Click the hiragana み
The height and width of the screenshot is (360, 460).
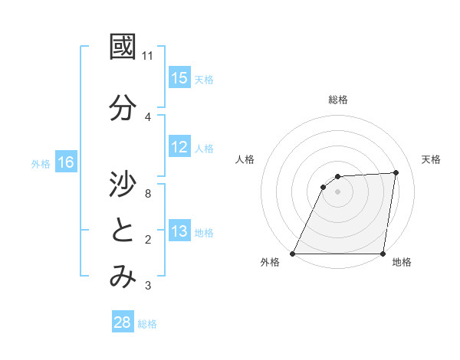(x=123, y=277)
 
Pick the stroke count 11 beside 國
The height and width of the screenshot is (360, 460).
(x=148, y=56)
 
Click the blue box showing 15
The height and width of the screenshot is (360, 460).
(x=179, y=78)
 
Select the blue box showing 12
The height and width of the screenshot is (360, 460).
(x=179, y=147)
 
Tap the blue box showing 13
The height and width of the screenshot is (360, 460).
(x=179, y=232)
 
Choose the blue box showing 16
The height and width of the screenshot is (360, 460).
(x=65, y=162)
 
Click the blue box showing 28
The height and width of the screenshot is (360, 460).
(x=123, y=322)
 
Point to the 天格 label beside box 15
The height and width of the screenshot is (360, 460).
(x=204, y=79)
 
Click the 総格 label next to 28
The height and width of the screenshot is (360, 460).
(x=147, y=324)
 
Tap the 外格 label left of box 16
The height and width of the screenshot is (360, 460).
(x=41, y=163)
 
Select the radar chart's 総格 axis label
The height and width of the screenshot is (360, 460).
(x=338, y=100)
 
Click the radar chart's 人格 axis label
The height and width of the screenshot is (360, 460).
(x=245, y=159)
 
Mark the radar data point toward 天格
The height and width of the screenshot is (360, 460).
(x=396, y=172)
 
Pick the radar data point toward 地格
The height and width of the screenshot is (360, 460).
(x=383, y=253)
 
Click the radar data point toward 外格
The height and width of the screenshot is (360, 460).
(x=293, y=253)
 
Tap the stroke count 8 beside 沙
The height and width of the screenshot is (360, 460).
(x=148, y=193)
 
